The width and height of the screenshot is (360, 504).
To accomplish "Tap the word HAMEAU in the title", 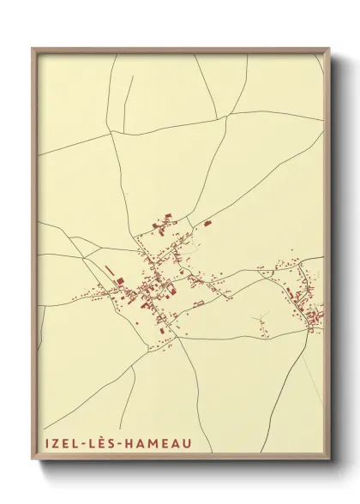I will coord(158,443).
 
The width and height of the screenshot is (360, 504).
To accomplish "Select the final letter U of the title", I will coord(186,443).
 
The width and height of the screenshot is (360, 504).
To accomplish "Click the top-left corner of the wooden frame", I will coord(33,49).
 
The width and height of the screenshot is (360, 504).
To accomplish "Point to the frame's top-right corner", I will coord(330,49).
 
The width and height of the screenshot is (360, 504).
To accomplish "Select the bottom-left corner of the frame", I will coord(33,462).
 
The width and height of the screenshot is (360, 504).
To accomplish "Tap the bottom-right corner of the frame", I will coord(330,462).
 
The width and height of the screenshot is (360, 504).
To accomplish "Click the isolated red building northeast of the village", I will coord(207,223).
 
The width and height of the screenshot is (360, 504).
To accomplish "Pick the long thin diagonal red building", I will coord(110,272).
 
